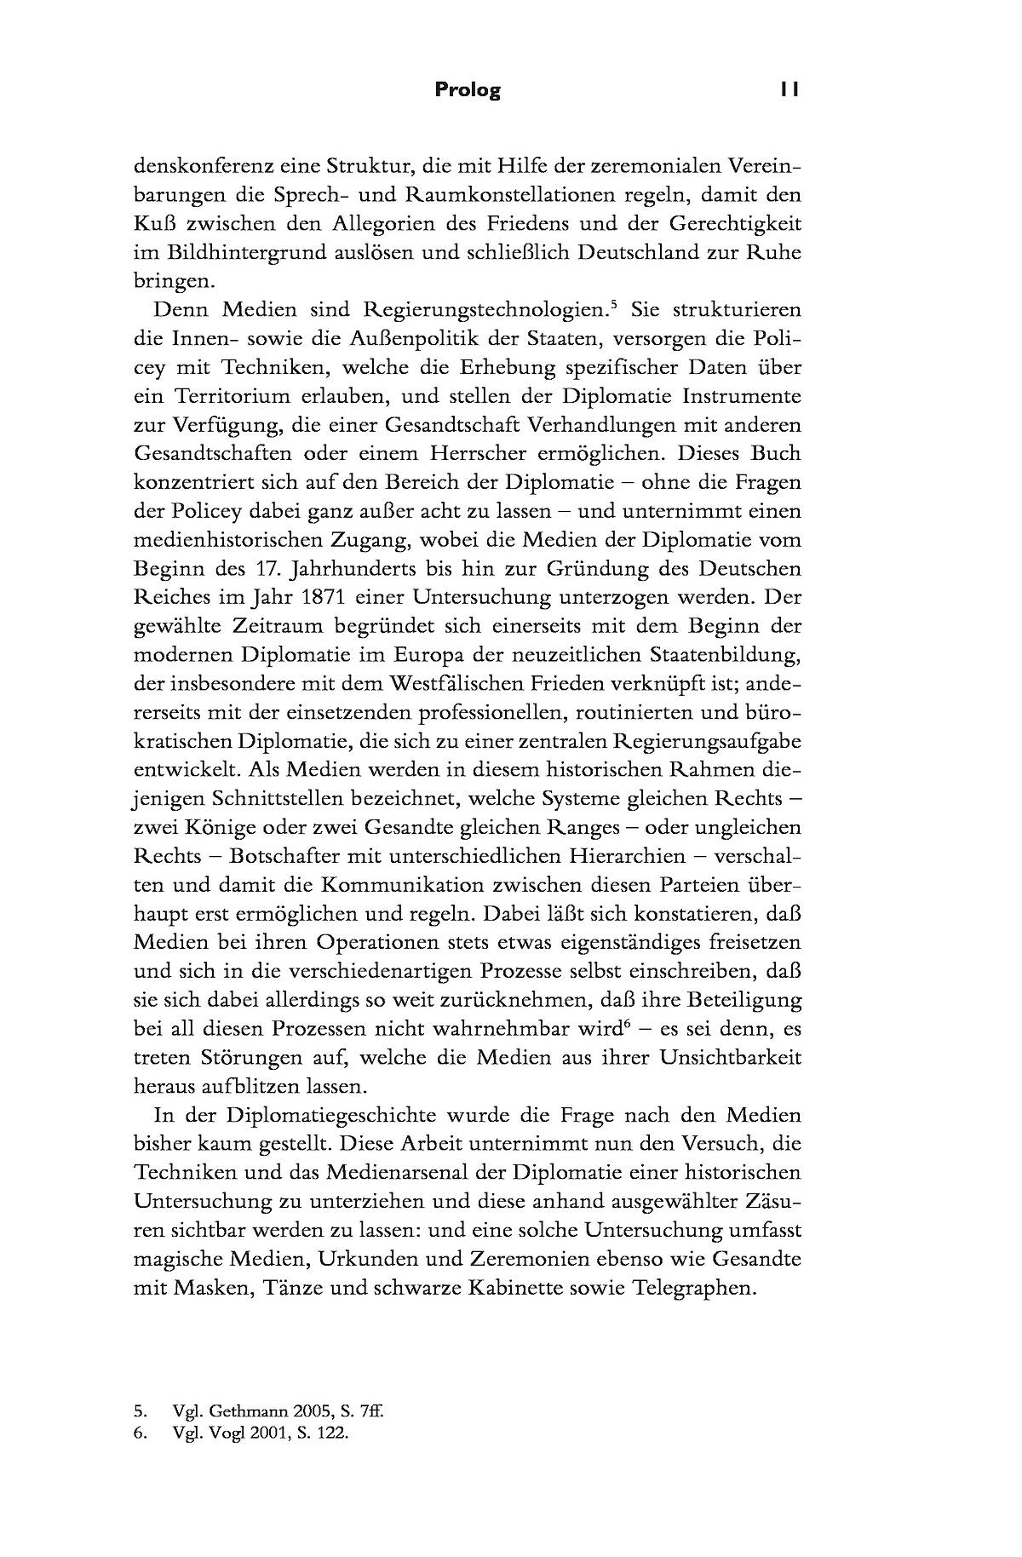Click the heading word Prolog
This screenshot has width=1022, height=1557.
click(x=468, y=90)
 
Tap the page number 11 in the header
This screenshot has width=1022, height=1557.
click(x=789, y=90)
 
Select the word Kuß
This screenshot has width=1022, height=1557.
click(x=153, y=223)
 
